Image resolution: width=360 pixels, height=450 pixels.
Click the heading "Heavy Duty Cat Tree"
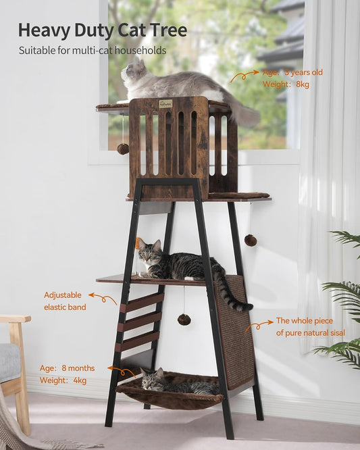click(x=103, y=30)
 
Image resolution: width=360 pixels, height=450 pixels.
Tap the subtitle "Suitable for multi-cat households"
click(x=92, y=51)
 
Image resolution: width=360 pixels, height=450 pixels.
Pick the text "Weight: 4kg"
click(x=63, y=380)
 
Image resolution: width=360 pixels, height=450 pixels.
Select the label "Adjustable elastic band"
click(x=65, y=301)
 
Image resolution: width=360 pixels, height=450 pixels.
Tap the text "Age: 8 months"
click(x=67, y=368)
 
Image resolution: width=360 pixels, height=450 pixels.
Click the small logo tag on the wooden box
click(x=165, y=104)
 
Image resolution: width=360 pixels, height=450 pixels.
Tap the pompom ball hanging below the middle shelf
click(x=183, y=319)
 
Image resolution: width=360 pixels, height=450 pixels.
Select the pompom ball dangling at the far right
click(x=250, y=240)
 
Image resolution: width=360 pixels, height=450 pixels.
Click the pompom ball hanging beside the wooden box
click(x=123, y=149)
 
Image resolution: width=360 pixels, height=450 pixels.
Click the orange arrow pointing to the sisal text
click(x=258, y=326)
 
